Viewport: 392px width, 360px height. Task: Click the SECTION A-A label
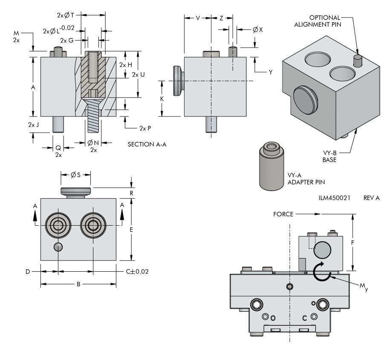[147, 145]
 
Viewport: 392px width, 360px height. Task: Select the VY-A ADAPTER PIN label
[306, 178]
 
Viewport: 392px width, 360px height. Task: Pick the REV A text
[372, 199]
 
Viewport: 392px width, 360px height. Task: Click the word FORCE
[283, 214]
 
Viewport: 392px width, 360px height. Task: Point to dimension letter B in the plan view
[78, 284]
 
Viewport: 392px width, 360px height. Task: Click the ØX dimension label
[257, 30]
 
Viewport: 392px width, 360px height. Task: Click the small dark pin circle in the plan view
[58, 247]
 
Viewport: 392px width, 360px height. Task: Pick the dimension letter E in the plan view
[132, 230]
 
